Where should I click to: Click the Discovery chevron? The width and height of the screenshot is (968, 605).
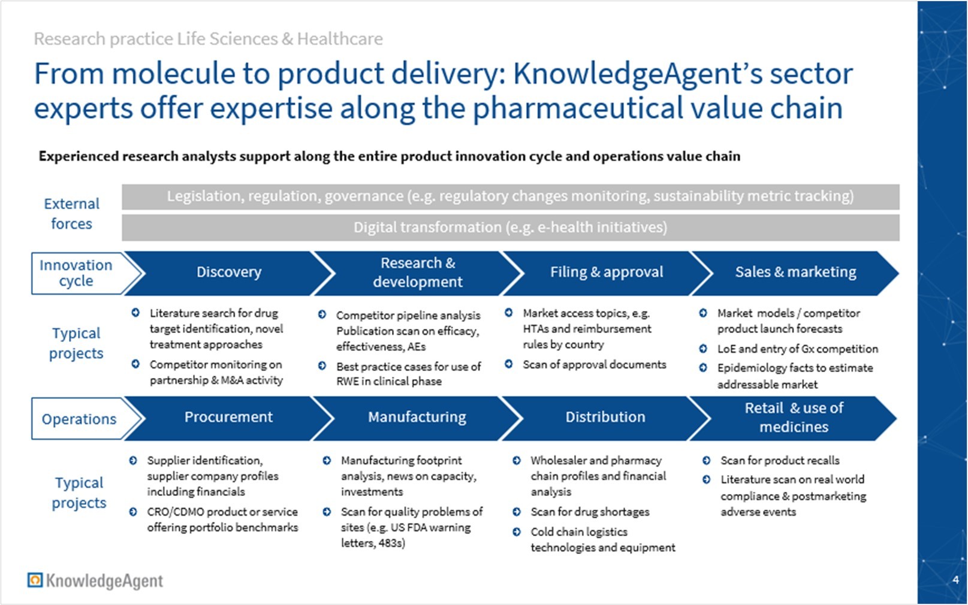click(x=229, y=273)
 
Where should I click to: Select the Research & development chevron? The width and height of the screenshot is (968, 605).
click(x=418, y=273)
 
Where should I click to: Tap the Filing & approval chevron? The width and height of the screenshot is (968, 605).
click(x=607, y=273)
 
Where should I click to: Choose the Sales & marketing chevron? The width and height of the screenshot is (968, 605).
click(x=795, y=273)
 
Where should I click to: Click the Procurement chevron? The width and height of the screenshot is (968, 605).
click(x=228, y=418)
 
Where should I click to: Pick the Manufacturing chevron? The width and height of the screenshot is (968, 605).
click(x=417, y=418)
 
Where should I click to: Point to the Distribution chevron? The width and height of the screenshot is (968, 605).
click(x=605, y=418)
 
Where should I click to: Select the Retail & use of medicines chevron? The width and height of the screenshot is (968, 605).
click(x=794, y=418)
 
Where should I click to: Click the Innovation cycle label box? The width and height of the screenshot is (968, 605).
click(x=76, y=273)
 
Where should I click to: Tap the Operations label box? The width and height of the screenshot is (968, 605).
click(x=79, y=419)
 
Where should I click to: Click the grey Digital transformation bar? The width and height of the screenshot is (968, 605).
click(x=510, y=228)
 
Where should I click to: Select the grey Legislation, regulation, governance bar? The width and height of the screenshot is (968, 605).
click(x=510, y=196)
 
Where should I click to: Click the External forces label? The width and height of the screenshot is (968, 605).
click(x=72, y=214)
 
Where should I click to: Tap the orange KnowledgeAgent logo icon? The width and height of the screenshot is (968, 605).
click(x=35, y=580)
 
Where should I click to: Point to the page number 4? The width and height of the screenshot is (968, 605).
click(x=955, y=579)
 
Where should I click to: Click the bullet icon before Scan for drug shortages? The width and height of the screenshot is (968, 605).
click(x=517, y=512)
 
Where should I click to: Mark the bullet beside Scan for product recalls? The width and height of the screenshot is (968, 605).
click(x=706, y=460)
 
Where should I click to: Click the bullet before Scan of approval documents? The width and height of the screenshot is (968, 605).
click(x=509, y=364)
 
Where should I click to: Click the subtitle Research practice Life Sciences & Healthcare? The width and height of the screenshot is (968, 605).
click(x=209, y=39)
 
